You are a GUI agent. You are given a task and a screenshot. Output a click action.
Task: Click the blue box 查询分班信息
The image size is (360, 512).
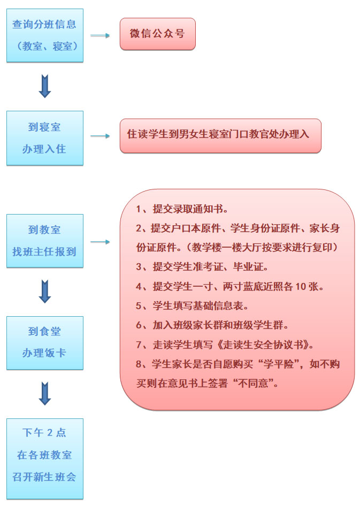pos(45,36)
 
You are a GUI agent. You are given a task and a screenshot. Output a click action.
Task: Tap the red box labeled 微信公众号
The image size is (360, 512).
pos(158,34)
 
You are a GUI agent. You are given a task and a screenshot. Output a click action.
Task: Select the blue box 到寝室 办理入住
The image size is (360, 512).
pos(45,138)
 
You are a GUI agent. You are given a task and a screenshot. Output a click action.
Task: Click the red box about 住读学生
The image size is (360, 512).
pos(220,135)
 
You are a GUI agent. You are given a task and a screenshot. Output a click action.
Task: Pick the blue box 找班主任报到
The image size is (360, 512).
pos(45,241)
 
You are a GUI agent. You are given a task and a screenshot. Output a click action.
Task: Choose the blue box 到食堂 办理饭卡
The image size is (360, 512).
pos(45,343)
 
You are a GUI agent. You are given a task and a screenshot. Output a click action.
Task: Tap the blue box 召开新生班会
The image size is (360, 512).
pos(45,459)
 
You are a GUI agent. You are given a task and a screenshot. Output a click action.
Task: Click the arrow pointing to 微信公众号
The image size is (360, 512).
pos(100,36)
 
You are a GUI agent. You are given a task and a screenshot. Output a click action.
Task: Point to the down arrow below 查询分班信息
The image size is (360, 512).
pos(45,86)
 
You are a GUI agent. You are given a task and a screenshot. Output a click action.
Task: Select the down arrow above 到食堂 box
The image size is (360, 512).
pos(45,291)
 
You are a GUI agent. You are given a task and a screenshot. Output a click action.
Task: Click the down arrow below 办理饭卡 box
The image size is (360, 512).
pos(45,393)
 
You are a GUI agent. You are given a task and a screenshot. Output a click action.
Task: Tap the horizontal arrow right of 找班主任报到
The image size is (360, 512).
pos(100,242)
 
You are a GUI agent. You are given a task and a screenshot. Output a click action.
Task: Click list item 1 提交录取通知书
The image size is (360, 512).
pos(182,209)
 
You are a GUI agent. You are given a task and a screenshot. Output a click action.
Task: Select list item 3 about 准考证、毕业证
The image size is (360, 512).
pos(202,267)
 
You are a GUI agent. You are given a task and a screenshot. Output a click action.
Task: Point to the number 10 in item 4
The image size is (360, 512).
pos(301,287)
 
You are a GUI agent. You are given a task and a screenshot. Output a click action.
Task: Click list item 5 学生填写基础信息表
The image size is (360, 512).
pos(192,305)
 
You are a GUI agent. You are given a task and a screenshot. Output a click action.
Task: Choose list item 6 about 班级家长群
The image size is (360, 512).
pos(212,325)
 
